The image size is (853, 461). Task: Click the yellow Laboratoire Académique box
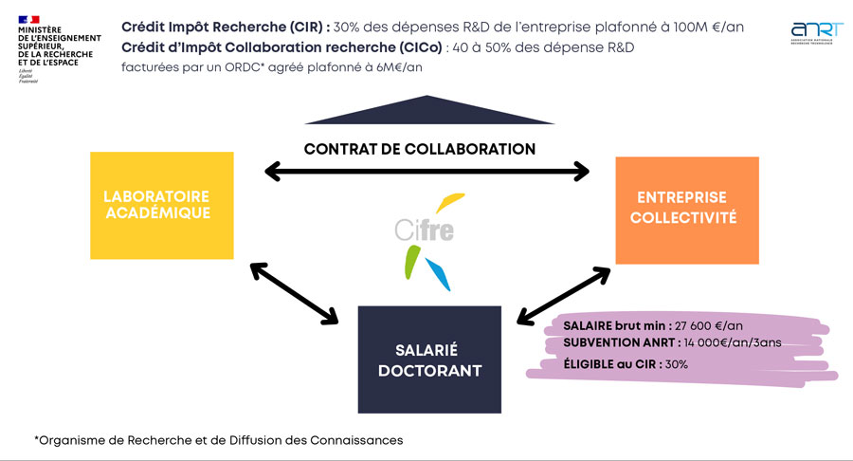[161, 205]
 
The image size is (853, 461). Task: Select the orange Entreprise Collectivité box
[687, 210]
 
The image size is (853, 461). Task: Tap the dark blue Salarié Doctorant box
[429, 360]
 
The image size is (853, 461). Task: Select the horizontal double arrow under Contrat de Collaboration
[426, 172]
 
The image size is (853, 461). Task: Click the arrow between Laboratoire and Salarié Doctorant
[293, 291]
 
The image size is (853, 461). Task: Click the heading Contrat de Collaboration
[420, 149]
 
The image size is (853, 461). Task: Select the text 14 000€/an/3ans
[729, 343]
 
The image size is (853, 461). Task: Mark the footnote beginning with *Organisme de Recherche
[218, 440]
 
